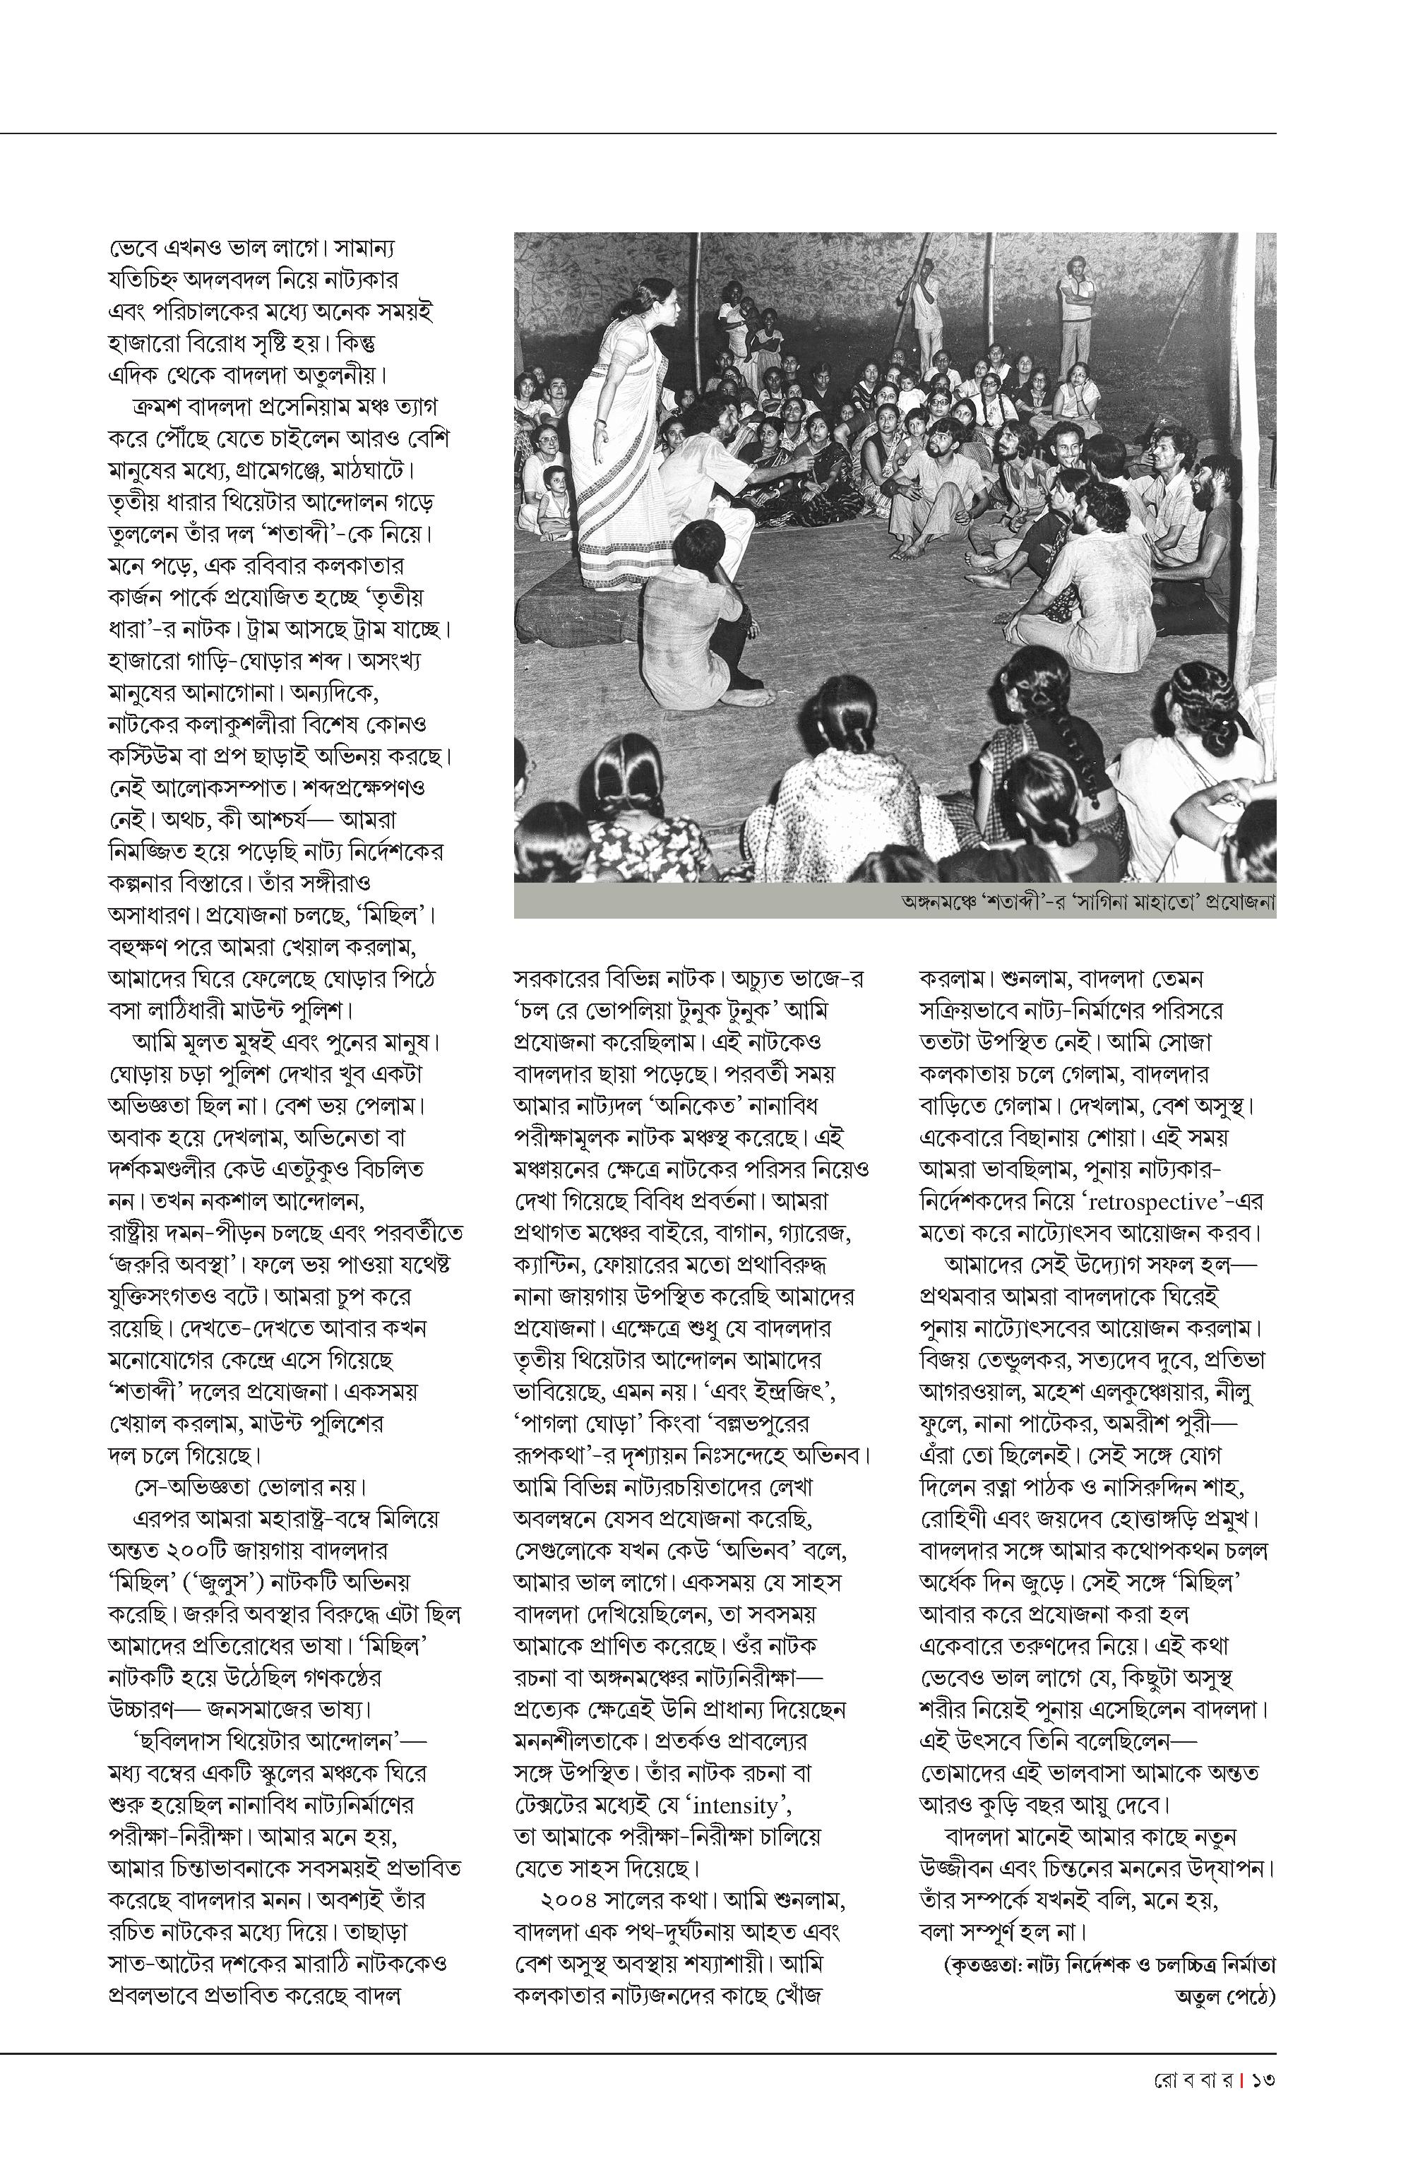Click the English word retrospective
pos(1152,1203)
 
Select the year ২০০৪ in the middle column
pos(568,1900)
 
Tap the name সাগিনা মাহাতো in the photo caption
pos(1142,902)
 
